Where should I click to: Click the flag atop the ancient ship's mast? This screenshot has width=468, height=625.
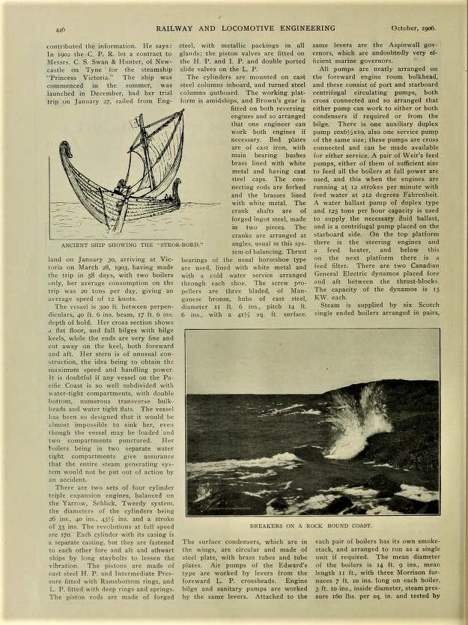139,121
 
